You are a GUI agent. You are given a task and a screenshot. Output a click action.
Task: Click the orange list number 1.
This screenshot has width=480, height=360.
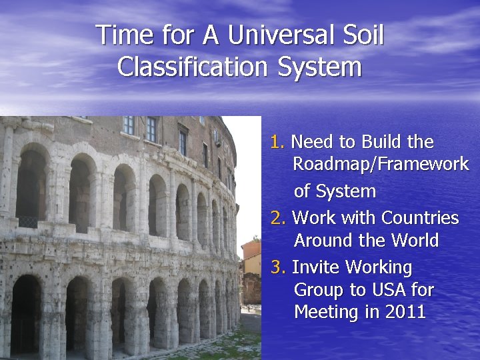tap(277, 142)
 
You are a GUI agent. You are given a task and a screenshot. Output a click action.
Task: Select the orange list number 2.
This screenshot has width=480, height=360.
tap(277, 218)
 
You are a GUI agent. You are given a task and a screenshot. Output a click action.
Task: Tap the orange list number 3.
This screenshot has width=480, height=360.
tap(277, 267)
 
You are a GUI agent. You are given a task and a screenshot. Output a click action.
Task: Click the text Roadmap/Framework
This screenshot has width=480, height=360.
tap(381, 164)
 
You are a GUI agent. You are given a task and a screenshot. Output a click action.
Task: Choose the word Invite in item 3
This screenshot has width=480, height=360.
tap(315, 267)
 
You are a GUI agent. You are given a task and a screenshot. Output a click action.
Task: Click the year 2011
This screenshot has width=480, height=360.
tap(405, 312)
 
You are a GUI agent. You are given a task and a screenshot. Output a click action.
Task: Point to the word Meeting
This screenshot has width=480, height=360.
tap(327, 312)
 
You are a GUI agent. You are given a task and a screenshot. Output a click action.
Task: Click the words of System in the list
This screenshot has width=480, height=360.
tap(335, 191)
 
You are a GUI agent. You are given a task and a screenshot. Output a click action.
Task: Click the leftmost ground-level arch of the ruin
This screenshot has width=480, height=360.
tap(25, 313)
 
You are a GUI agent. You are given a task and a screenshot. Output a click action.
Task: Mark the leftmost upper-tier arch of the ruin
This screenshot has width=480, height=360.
tap(31, 187)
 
